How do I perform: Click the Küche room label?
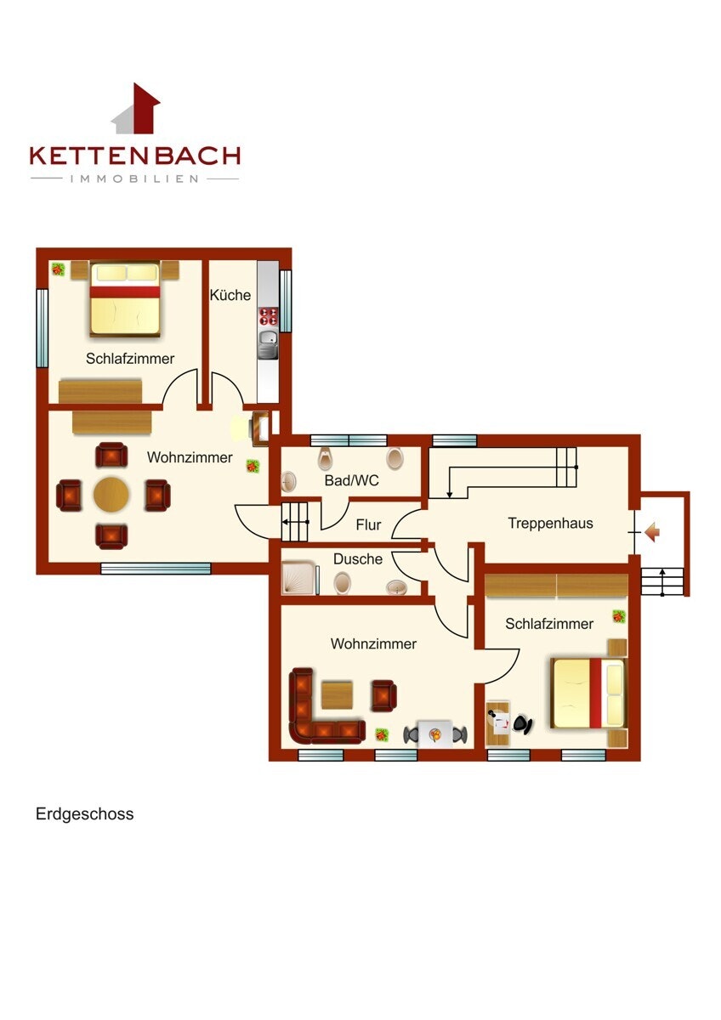click(230, 295)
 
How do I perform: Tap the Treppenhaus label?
click(550, 524)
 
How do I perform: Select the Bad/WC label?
click(351, 480)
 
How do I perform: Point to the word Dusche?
click(358, 558)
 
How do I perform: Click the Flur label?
click(368, 524)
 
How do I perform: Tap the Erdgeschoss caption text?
click(85, 813)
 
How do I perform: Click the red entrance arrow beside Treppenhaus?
click(652, 532)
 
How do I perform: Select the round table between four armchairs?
click(111, 495)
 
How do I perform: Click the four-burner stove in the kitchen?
click(269, 316)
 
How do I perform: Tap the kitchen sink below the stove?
click(269, 343)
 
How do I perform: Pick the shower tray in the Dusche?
click(298, 578)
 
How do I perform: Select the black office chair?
click(523, 723)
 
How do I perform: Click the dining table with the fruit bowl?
click(435, 734)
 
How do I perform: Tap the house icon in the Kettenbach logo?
click(136, 109)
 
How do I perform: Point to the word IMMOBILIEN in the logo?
click(134, 178)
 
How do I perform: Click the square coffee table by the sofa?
click(337, 695)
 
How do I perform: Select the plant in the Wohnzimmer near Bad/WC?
click(253, 466)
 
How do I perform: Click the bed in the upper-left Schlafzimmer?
click(125, 298)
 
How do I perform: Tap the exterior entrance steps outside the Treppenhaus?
click(662, 581)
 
